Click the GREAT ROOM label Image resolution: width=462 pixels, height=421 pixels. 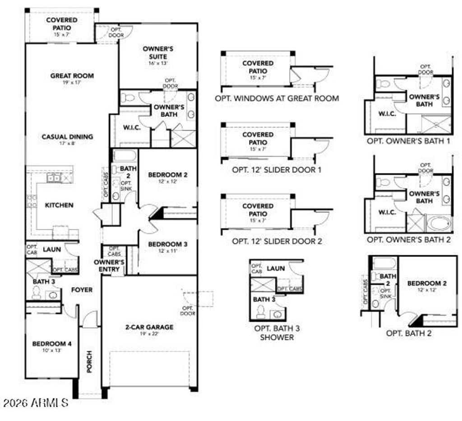[x=72, y=76]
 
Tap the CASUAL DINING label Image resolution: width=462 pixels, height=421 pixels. [x=68, y=137]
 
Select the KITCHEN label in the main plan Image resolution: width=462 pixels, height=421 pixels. [x=59, y=205]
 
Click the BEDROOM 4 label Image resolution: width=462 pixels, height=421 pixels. [x=52, y=343]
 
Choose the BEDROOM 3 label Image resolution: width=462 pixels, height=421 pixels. [x=168, y=244]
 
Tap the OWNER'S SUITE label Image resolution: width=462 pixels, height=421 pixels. [x=158, y=52]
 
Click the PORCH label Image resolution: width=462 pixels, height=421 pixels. [x=89, y=361]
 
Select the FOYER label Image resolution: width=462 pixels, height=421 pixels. [x=82, y=290]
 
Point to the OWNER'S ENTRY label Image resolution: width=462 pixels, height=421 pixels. [x=109, y=266]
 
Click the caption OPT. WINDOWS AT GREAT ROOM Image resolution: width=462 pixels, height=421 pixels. [x=277, y=98]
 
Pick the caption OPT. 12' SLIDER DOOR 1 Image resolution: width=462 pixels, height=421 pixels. [x=277, y=170]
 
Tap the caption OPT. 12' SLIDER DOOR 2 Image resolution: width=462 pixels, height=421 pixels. [x=277, y=241]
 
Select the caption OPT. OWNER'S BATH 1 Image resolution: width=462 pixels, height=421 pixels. [x=408, y=141]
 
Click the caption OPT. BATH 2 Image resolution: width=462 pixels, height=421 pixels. [x=408, y=333]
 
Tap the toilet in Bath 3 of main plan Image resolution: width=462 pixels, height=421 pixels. [x=37, y=294]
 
